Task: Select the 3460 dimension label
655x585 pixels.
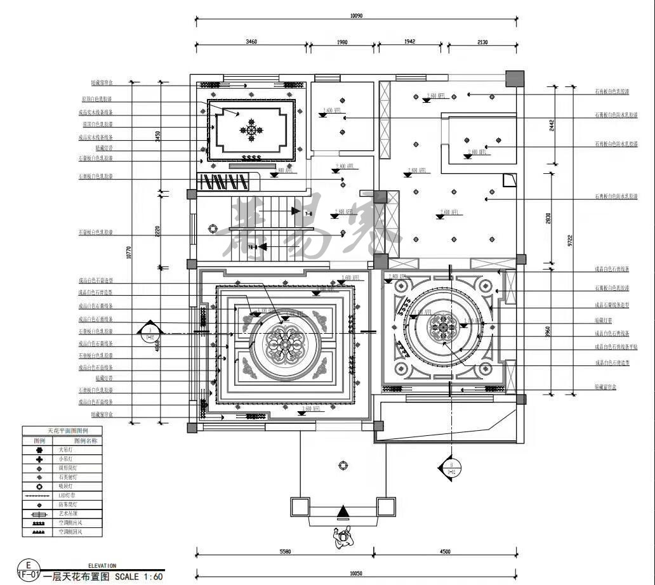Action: coord(251,42)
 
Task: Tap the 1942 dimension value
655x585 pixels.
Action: coord(409,42)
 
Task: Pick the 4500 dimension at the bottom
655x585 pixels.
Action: coord(445,551)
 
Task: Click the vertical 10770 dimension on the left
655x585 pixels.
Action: coord(129,253)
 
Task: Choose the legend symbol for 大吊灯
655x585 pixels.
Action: coord(39,449)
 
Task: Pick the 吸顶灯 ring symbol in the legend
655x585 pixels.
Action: coord(39,485)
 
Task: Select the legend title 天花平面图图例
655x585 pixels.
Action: coord(62,431)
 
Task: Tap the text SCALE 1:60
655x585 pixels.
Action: coord(139,577)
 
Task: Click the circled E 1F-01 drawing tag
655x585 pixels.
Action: coord(27,570)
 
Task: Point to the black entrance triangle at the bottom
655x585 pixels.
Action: coord(343,511)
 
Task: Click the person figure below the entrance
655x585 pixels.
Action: coord(343,538)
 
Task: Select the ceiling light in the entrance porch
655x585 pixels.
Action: coord(343,465)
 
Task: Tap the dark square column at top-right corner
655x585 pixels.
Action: coord(515,79)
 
